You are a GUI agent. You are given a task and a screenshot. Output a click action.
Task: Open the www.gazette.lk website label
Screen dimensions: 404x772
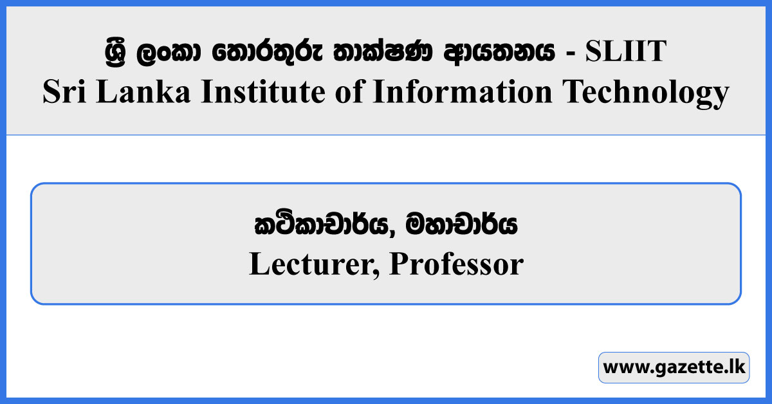[674, 368]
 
